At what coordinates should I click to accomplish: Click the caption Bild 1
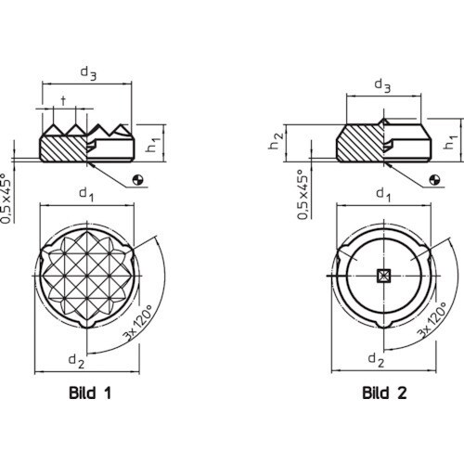[90, 393]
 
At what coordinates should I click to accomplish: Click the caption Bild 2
[384, 393]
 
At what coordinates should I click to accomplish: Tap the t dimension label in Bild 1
[63, 100]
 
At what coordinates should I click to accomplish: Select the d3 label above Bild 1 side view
[88, 73]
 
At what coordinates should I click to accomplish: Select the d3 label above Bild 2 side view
[382, 85]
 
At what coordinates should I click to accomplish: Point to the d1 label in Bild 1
[87, 195]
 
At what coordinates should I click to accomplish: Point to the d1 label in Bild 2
[383, 195]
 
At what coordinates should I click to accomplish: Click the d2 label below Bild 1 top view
[76, 361]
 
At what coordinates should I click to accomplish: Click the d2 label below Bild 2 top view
[376, 360]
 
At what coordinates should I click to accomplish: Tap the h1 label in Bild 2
[450, 142]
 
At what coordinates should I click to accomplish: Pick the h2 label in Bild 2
[276, 141]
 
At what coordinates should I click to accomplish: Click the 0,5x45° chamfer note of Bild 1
[7, 199]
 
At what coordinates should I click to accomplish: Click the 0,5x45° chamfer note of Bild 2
[303, 195]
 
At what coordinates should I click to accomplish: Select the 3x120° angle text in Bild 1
[138, 323]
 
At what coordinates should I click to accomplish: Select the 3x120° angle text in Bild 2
[432, 319]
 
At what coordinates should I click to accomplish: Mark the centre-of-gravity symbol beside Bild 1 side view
[138, 180]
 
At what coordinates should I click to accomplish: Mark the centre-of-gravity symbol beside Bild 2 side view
[435, 180]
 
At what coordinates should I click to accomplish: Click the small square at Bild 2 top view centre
[384, 276]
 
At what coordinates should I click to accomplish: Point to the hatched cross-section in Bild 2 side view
[360, 143]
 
